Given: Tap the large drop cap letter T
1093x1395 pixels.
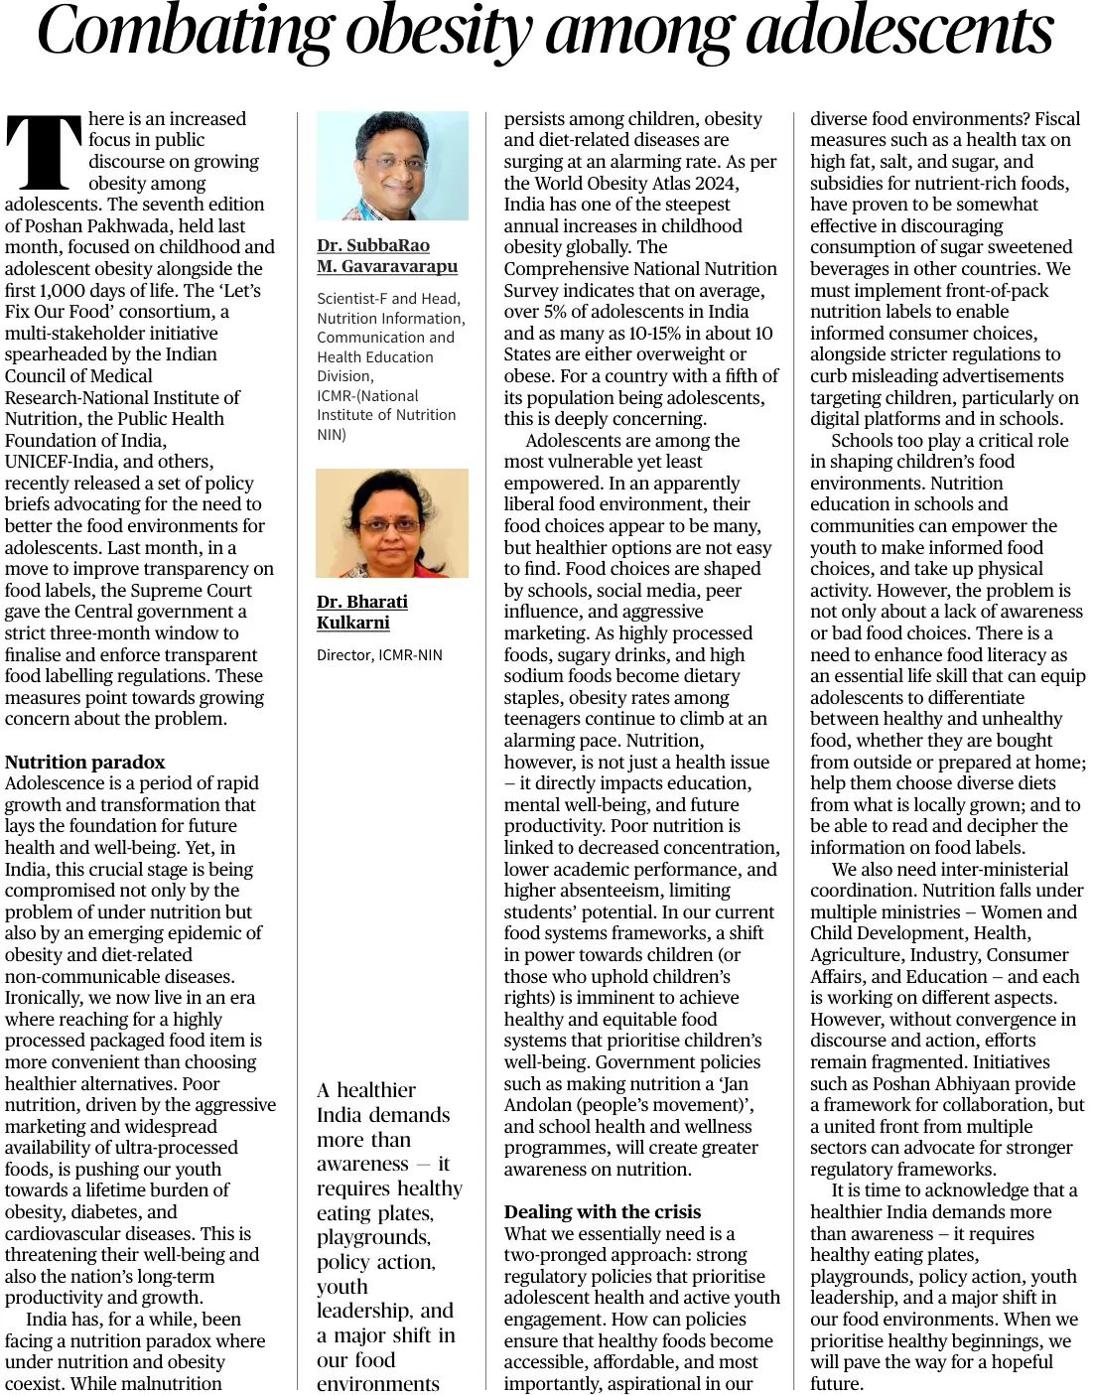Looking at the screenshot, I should pos(44,152).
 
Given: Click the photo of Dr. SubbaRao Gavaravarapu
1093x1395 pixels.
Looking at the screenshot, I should pos(392,165).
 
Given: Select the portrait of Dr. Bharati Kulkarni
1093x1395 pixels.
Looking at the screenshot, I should pos(392,523).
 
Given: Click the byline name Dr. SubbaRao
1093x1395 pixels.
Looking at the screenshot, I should pos(373,245).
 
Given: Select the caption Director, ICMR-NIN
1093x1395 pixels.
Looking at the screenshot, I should pos(379,655).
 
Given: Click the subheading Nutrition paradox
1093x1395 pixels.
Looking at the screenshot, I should pos(84,763).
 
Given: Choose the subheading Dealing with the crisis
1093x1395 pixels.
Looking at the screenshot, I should pos(602,1212).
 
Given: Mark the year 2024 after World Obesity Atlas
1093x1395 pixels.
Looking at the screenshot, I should pos(717,183).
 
